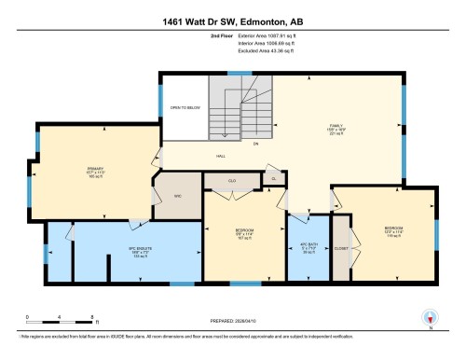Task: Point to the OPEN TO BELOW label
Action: [x=185, y=109]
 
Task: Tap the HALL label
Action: [x=221, y=156]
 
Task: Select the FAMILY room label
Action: [x=336, y=130]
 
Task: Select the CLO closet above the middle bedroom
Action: [x=233, y=178]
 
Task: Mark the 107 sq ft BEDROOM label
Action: [x=243, y=234]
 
